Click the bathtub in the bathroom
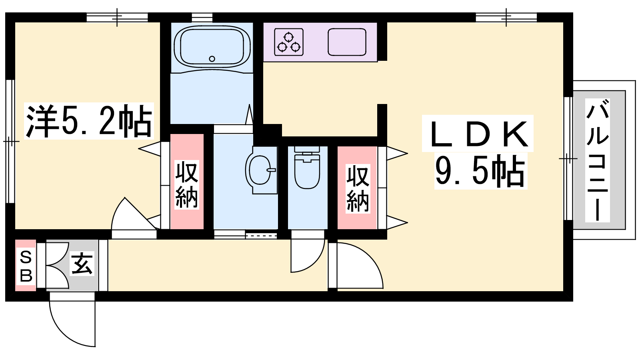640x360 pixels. [212, 48]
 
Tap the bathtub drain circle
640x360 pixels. [212, 59]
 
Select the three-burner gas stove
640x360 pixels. [288, 42]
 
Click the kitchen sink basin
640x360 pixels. [347, 42]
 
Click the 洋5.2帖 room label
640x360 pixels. [89, 121]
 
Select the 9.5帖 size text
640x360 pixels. [480, 171]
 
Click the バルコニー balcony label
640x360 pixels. [597, 160]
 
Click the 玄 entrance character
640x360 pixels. [82, 264]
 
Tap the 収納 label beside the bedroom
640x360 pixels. [186, 185]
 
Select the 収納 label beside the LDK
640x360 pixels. [358, 188]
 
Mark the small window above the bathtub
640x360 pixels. [202, 18]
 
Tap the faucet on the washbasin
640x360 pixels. [271, 170]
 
